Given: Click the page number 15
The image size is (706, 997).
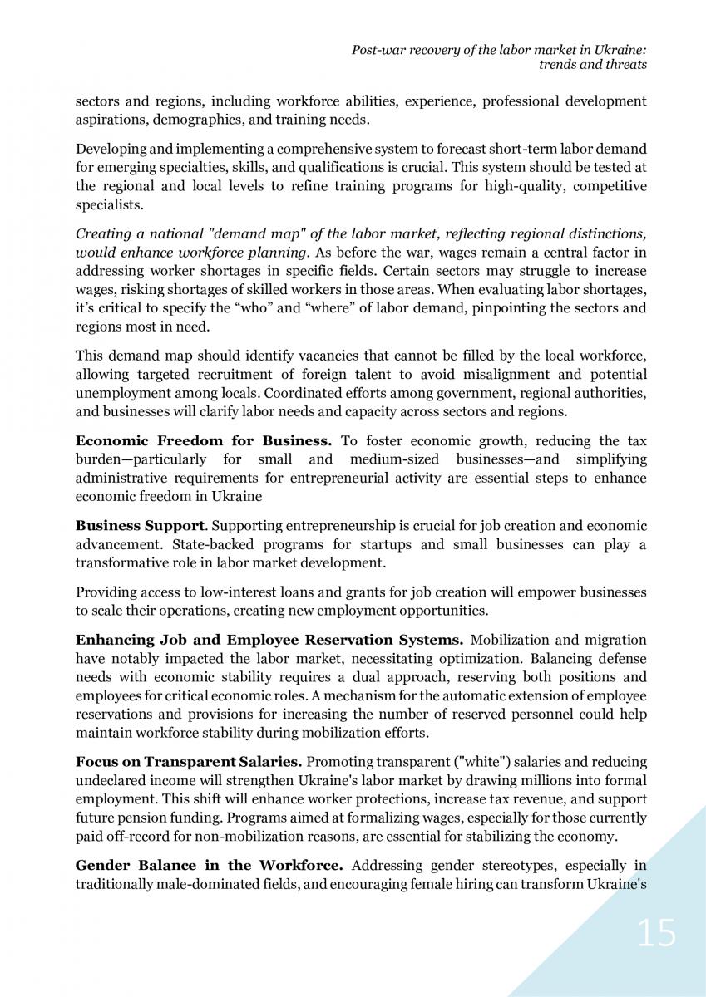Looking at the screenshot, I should click(x=656, y=934).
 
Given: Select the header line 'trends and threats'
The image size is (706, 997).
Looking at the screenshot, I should click(x=595, y=64).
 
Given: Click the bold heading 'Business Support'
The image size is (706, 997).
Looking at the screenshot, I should click(x=139, y=526).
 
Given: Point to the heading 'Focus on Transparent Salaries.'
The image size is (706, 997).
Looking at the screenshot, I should click(x=188, y=761).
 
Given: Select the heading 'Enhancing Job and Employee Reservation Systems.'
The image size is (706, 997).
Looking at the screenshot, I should click(x=269, y=639).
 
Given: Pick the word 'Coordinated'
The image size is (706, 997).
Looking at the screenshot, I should click(x=321, y=394).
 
